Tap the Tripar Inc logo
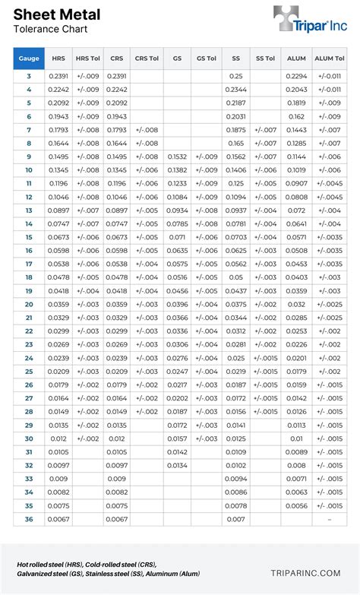(x=311, y=21)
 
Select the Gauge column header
(x=29, y=58)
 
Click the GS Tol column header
(x=206, y=58)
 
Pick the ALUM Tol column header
(x=330, y=58)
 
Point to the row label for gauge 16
(x=29, y=250)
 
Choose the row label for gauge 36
(x=29, y=519)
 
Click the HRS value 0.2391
(x=58, y=76)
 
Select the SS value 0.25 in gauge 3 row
(x=236, y=76)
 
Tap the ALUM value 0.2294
(x=296, y=76)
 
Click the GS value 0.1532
(x=177, y=157)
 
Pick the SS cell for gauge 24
(x=236, y=358)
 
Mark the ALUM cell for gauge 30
(x=296, y=438)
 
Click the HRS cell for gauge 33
(x=58, y=479)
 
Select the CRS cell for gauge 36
(x=117, y=519)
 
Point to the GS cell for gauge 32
(x=177, y=465)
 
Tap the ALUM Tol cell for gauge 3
(x=330, y=76)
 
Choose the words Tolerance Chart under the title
(x=50, y=30)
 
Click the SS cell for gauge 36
(x=236, y=519)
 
